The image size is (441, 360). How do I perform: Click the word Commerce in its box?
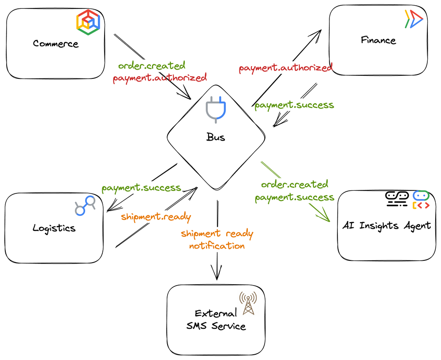click(56, 44)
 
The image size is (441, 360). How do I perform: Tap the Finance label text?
click(378, 40)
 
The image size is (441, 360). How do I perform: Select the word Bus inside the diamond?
click(216, 137)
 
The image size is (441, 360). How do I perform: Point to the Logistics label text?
click(54, 228)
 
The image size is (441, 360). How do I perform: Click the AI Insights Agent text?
click(386, 226)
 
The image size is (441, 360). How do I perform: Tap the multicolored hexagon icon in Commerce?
click(88, 22)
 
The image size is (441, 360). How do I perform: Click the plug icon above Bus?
click(216, 109)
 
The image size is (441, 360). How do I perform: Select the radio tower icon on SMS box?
click(248, 303)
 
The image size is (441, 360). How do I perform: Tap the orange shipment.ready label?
click(156, 217)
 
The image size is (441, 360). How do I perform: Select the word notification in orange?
click(217, 246)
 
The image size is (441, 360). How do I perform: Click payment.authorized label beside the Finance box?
click(285, 68)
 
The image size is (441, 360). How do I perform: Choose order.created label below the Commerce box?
click(152, 66)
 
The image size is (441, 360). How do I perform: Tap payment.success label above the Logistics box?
click(141, 188)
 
